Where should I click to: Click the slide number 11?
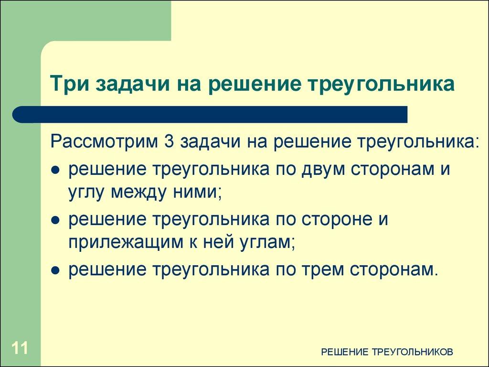(20, 347)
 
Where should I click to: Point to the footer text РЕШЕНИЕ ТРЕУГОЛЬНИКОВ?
(387, 352)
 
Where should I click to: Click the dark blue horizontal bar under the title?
(210, 115)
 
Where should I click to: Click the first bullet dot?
(55, 171)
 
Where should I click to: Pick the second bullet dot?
(55, 221)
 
